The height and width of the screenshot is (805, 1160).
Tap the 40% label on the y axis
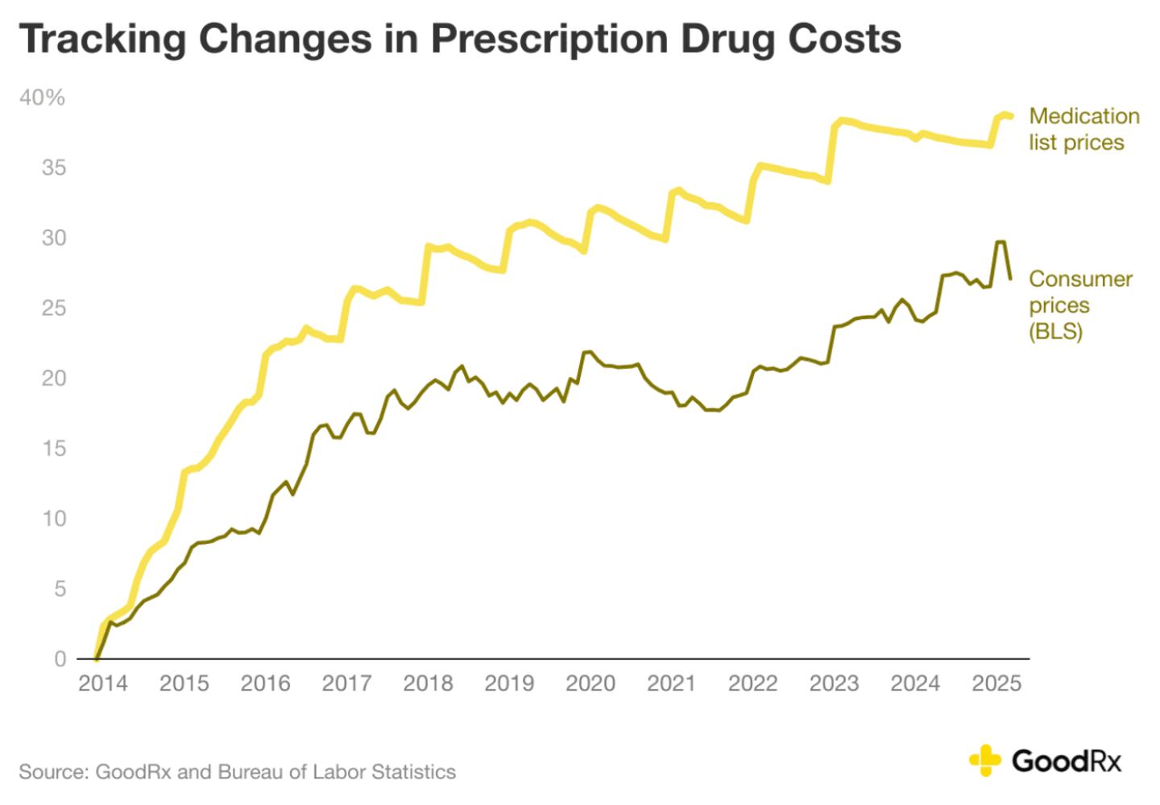pyautogui.click(x=42, y=98)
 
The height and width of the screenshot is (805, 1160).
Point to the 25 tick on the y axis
pyautogui.click(x=53, y=309)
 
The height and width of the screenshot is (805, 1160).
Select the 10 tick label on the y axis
pyautogui.click(x=53, y=518)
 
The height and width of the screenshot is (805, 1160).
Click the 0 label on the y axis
pyautogui.click(x=60, y=659)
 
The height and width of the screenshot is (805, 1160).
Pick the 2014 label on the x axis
pyautogui.click(x=102, y=684)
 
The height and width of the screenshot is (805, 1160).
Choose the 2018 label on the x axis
pyautogui.click(x=428, y=684)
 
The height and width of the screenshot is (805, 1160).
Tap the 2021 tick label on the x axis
pyautogui.click(x=671, y=684)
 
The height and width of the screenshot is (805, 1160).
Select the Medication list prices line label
pyautogui.click(x=1083, y=129)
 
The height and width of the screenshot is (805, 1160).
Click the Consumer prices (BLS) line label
pyautogui.click(x=1079, y=305)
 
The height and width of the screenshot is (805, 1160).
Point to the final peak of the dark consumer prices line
pyautogui.click(x=1000, y=242)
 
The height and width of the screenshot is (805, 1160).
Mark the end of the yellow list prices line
pyautogui.click(x=1010, y=117)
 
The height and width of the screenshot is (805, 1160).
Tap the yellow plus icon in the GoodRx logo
pyautogui.click(x=984, y=760)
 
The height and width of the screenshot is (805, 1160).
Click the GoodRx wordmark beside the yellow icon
pyautogui.click(x=1066, y=761)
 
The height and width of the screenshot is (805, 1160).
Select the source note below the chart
pyautogui.click(x=237, y=772)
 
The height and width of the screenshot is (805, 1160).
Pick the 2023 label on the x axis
pyautogui.click(x=834, y=684)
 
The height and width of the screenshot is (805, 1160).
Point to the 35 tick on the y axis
pyautogui.click(x=53, y=168)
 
